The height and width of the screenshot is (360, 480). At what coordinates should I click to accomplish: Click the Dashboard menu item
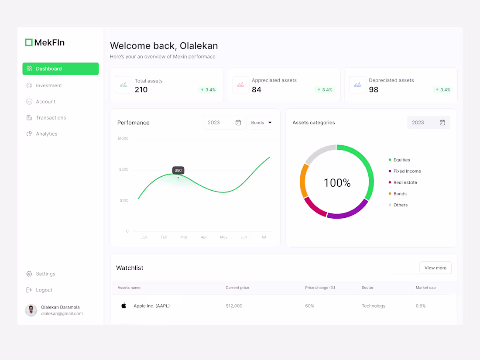[60, 69]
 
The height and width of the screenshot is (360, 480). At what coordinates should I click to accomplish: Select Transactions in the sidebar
[51, 118]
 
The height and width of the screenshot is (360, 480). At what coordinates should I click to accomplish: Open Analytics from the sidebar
[46, 134]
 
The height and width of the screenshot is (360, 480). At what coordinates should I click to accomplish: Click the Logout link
[44, 290]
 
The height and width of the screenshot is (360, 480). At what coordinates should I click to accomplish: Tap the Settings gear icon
[29, 274]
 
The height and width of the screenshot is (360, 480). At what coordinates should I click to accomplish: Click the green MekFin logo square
[29, 42]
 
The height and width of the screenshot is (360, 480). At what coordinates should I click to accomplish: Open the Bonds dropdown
[262, 123]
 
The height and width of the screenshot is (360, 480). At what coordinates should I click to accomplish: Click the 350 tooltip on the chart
[178, 171]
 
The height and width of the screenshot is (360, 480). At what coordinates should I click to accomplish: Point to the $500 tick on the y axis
[124, 169]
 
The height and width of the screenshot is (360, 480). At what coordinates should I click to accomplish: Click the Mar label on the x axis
[184, 237]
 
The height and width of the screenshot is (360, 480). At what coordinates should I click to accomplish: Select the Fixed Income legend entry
[407, 171]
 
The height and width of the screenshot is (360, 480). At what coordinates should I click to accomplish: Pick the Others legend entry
[400, 205]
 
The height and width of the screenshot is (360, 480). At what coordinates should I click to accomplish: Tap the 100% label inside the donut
[337, 183]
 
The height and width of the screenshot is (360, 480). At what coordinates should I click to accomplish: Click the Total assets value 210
[141, 90]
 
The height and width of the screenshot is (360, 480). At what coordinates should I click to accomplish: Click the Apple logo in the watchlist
[124, 305]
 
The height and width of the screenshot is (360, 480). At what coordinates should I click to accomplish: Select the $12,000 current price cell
[234, 306]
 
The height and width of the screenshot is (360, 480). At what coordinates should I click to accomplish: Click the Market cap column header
[425, 288]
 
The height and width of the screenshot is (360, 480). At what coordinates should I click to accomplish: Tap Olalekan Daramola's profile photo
[31, 310]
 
